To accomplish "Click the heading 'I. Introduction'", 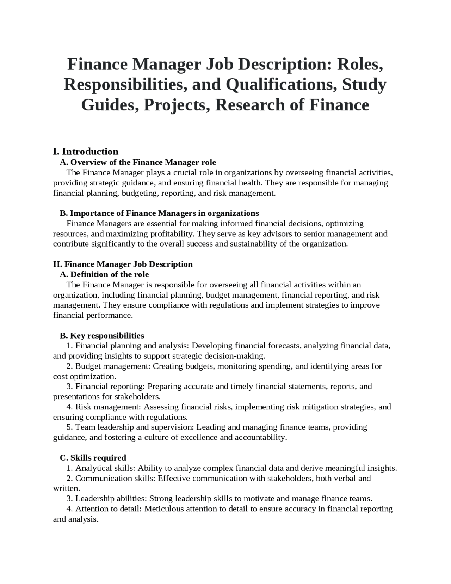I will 86,152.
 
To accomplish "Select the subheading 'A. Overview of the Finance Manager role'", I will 138,162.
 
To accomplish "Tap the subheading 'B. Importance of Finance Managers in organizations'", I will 159,213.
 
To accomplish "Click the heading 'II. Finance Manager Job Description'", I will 123,264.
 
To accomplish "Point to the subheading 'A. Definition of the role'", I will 104,274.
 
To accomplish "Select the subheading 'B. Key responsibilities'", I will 102,335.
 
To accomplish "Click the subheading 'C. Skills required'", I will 93,458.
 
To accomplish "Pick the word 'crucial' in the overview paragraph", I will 185,173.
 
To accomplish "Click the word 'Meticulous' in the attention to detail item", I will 164,509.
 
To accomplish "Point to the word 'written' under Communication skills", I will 66,489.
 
